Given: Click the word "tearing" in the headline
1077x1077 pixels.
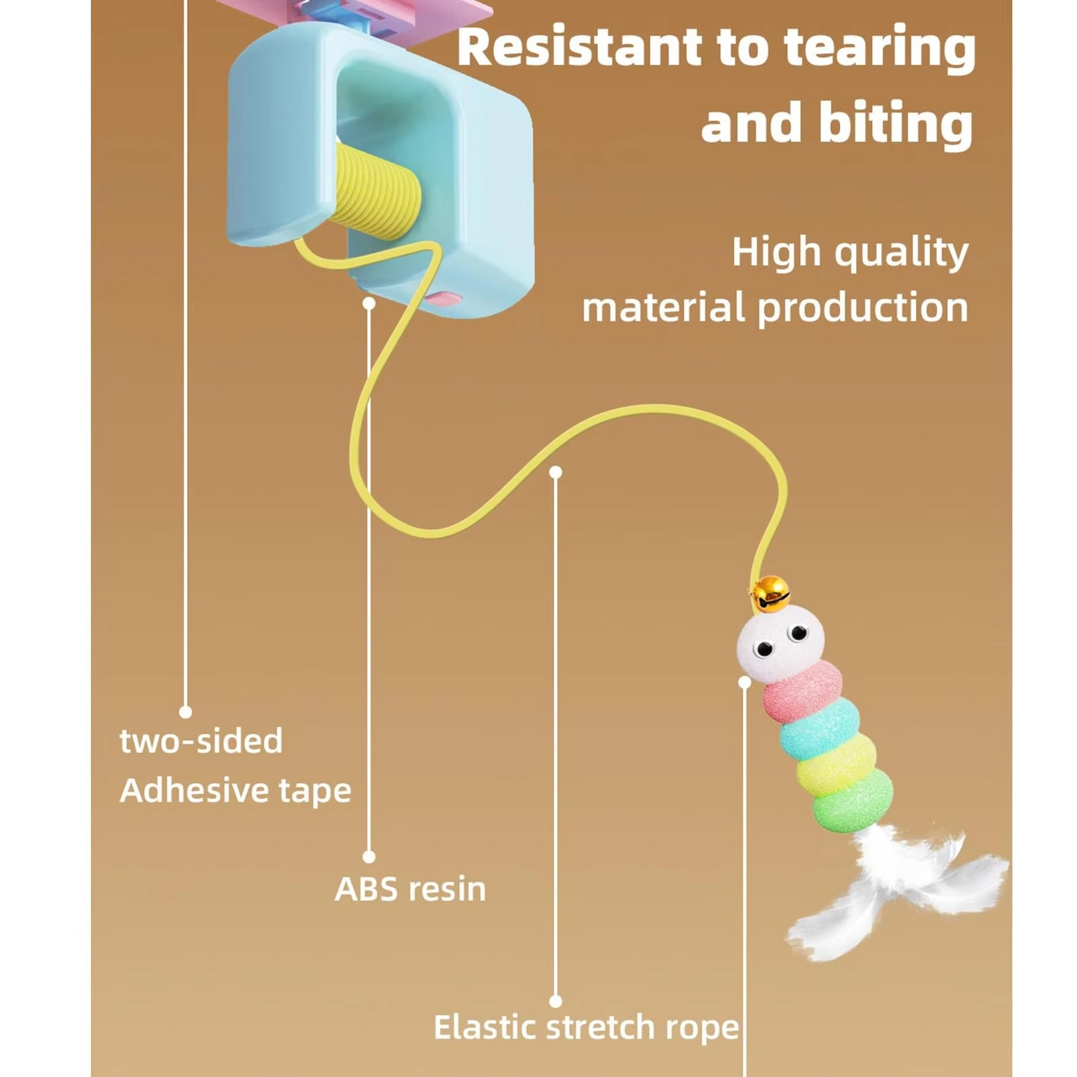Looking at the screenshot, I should click(x=879, y=47).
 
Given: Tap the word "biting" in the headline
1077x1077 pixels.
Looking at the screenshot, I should click(x=896, y=123).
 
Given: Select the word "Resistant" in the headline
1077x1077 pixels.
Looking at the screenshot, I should click(x=579, y=47).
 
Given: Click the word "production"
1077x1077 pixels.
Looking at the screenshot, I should click(x=863, y=308).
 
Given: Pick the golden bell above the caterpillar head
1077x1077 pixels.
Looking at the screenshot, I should click(x=770, y=594).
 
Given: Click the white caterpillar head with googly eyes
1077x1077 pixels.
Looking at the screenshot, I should click(x=780, y=642).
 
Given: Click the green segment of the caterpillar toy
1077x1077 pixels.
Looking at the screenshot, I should click(x=853, y=800).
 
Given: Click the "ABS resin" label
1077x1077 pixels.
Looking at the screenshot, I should click(x=410, y=888).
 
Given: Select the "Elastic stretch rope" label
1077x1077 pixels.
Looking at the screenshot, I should click(x=586, y=1026).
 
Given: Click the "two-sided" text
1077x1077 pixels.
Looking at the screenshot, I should click(x=201, y=741).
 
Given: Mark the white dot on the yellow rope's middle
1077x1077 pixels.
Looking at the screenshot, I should click(x=555, y=473).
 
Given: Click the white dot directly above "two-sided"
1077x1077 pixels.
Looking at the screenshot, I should click(x=186, y=712).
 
